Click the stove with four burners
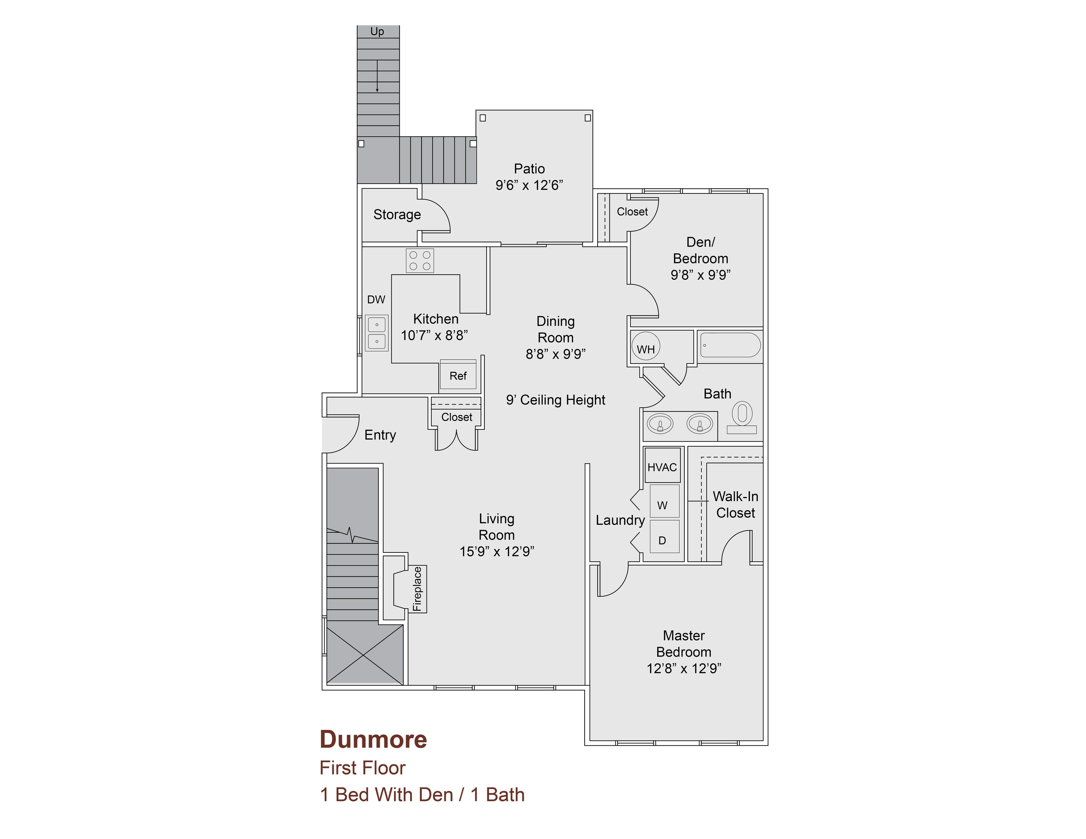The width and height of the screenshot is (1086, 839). pyautogui.click(x=420, y=260)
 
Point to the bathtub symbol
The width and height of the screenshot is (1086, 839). pyautogui.click(x=730, y=345)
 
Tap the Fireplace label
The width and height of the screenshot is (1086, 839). pyautogui.click(x=417, y=589)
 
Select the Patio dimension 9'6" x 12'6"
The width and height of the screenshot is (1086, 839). pyautogui.click(x=529, y=185)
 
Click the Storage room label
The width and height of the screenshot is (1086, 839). pyautogui.click(x=397, y=215)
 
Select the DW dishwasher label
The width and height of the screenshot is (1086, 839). pyautogui.click(x=376, y=300)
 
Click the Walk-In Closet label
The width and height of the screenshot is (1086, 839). pyautogui.click(x=735, y=504)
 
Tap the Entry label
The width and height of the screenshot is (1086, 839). pyautogui.click(x=380, y=435)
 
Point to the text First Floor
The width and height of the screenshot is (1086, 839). pyautogui.click(x=362, y=768)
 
